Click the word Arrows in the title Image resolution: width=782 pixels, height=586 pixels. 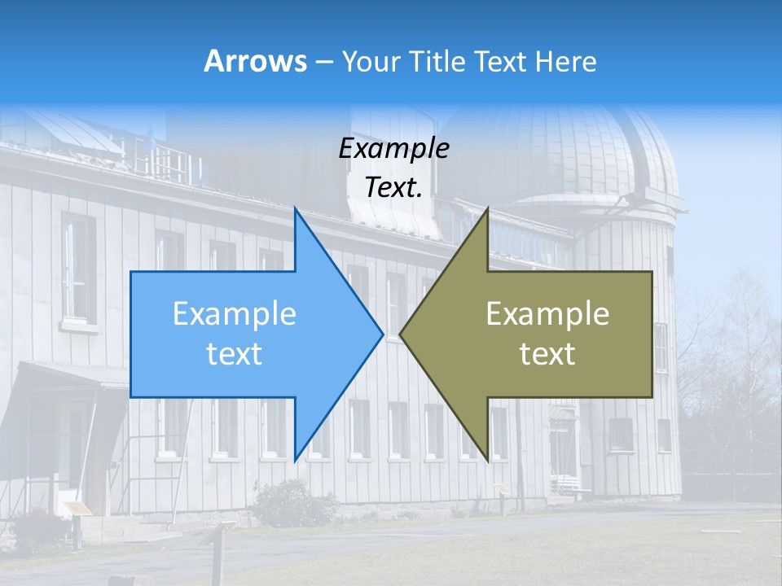[x=255, y=61]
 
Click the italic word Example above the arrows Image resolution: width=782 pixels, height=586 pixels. [x=393, y=148]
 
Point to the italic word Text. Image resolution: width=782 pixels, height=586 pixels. [x=393, y=187]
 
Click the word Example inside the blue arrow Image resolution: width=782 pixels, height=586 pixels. [x=234, y=314]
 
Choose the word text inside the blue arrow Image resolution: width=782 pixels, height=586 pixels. [x=234, y=353]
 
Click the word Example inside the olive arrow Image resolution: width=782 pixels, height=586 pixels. [x=547, y=314]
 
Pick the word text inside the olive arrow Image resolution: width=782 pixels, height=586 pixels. [x=547, y=353]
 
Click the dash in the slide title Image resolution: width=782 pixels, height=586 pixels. [x=323, y=62]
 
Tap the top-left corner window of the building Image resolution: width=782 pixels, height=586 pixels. [x=78, y=269]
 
